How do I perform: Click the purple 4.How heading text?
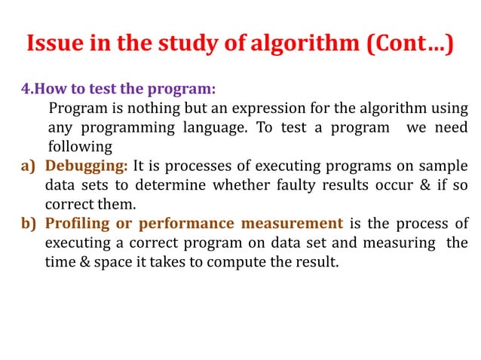coord(46,88)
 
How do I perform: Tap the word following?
coord(80,146)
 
